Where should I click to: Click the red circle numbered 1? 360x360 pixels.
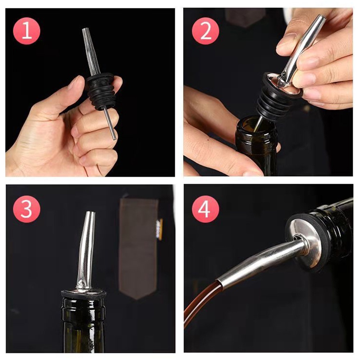click(x=26, y=31)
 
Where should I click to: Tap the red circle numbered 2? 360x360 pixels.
click(x=205, y=31)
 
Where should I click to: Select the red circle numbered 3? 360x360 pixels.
click(x=26, y=209)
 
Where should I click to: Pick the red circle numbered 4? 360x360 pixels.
click(x=205, y=209)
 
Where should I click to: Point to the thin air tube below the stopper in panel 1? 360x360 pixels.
click(x=110, y=123)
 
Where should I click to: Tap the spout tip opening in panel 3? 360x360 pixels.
click(x=91, y=213)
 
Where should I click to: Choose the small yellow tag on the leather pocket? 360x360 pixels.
click(x=160, y=229)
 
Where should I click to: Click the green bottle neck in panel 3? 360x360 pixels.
click(x=84, y=328)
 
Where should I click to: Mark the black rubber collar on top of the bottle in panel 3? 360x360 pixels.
click(x=84, y=294)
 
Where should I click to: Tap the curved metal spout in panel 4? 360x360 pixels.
click(x=259, y=262)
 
